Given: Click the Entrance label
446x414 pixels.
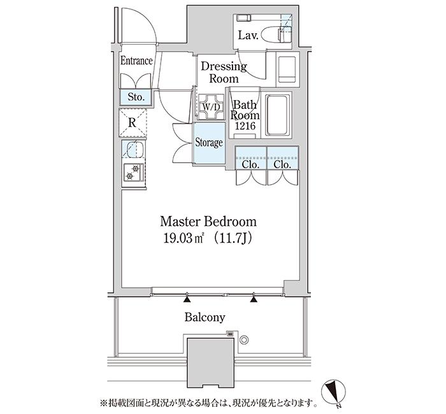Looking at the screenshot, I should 136,61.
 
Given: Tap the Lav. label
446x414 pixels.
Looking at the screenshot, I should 248,36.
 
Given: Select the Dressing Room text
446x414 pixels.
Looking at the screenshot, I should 223,72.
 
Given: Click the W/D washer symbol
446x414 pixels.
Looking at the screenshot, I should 210,106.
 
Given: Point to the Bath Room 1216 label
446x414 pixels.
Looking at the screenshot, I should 245,115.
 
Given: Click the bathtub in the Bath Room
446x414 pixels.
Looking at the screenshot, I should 277,115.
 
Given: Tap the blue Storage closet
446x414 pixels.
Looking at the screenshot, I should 208,143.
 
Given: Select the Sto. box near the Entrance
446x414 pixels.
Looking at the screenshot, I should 135,97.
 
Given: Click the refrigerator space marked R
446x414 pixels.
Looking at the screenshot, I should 133,122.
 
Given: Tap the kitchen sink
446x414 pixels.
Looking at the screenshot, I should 133,150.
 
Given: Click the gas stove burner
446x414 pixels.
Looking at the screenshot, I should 133,172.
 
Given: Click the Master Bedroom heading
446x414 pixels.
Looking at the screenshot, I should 208,222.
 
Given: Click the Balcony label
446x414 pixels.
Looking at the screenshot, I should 205,317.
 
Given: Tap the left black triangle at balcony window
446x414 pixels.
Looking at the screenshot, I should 187,298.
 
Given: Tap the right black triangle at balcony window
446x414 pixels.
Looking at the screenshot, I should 254,298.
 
